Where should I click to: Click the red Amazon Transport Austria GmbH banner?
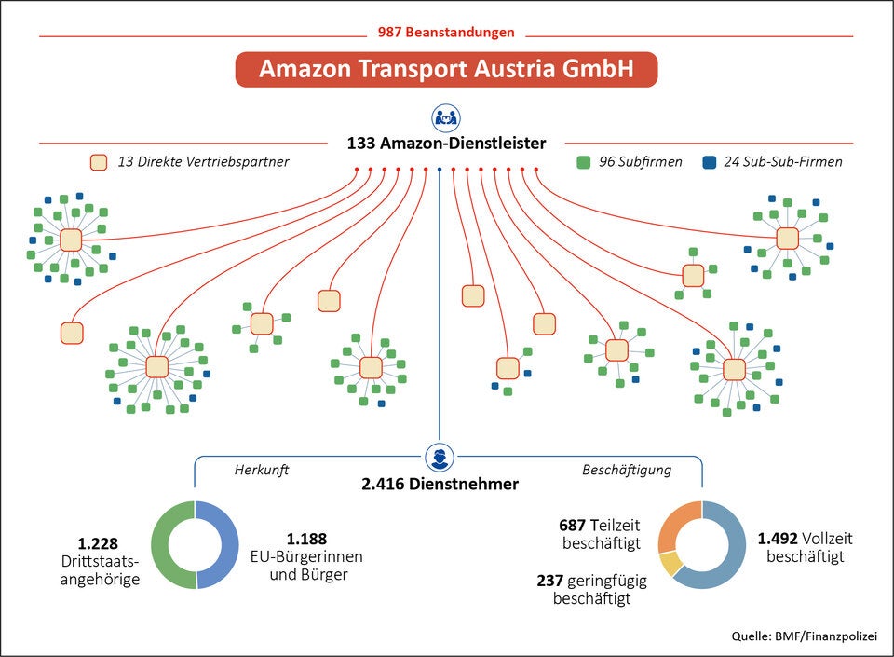[446, 70]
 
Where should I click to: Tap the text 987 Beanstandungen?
[446, 32]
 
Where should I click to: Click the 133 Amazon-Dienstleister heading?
[446, 144]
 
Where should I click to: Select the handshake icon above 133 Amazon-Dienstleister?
[446, 118]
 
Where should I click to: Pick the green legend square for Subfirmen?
[584, 162]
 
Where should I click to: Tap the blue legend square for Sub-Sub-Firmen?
[710, 162]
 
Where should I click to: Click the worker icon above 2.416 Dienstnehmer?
[439, 459]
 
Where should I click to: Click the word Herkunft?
[261, 470]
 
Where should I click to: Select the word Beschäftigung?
[627, 470]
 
